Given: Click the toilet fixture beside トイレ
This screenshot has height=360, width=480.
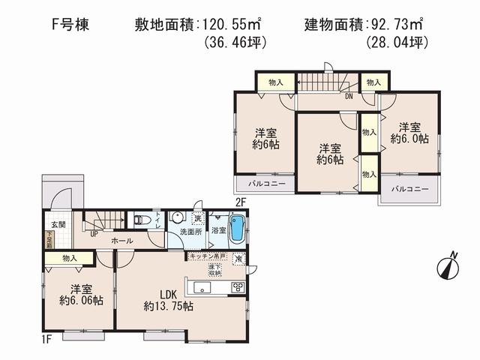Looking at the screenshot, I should pos(142,220).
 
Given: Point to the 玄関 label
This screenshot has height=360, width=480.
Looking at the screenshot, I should pos(58,225).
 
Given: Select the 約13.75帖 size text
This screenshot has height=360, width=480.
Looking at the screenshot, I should pos(169,306).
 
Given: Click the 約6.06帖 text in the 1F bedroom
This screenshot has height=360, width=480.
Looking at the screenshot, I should pos(77,301).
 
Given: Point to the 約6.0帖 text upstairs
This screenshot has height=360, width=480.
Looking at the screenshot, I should pos(409,139).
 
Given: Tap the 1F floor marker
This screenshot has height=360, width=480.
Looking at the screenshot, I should pos(47,340).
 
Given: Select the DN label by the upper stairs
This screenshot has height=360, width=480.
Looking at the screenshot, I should pos(349,96).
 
